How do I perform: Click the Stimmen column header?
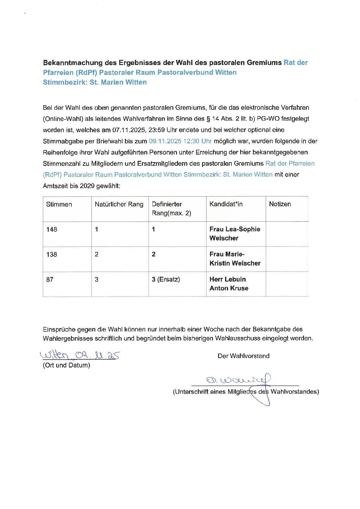pyautogui.click(x=59, y=204)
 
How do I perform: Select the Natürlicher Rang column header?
pyautogui.click(x=119, y=204)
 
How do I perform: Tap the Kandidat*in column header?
pyautogui.click(x=226, y=204)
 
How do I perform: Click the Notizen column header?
pyautogui.click(x=280, y=204)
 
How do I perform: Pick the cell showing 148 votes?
pyautogui.click(x=52, y=230)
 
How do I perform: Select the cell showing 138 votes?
pyautogui.click(x=52, y=255)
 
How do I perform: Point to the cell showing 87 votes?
pyautogui.click(x=50, y=280)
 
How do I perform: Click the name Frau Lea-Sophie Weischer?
pyautogui.click(x=235, y=233)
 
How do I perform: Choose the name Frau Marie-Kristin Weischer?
pyautogui.click(x=235, y=259)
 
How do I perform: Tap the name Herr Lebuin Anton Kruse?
pyautogui.click(x=229, y=284)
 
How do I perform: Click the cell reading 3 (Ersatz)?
pyautogui.click(x=166, y=279)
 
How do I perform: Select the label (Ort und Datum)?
pyautogui.click(x=67, y=365)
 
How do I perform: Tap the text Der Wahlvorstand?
pyautogui.click(x=244, y=356)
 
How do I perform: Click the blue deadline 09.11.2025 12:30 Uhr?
pyautogui.click(x=180, y=141)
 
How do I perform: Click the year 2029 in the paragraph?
pyautogui.click(x=87, y=186)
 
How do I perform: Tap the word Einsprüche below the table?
pyautogui.click(x=59, y=329)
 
